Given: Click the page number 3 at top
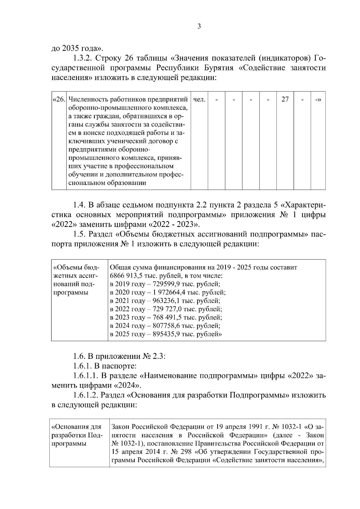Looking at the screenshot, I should (199, 26).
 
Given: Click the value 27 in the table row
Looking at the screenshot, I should (285, 99).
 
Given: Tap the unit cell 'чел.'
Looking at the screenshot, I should (199, 99).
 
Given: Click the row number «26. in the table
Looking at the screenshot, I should (59, 99).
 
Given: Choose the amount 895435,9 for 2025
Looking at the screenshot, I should (167, 334).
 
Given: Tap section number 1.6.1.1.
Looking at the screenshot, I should (86, 376).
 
